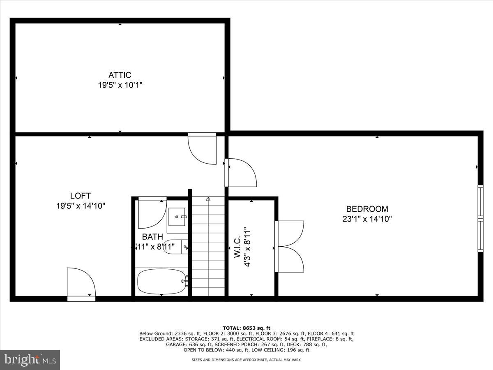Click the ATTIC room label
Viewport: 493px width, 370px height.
coord(120,75)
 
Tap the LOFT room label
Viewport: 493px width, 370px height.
coord(80,196)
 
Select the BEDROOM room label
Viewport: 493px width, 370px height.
coord(367,209)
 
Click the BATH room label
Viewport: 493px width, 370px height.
coord(152,237)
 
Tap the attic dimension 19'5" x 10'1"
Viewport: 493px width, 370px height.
coord(120,86)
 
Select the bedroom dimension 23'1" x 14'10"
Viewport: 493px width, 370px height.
coord(367,219)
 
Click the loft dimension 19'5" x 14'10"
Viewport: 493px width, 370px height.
coord(81,206)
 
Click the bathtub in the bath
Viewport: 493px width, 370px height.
coord(161,282)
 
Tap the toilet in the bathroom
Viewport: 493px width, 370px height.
coord(175,247)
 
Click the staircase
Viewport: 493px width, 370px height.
coord(208,247)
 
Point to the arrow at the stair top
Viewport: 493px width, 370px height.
coord(208,199)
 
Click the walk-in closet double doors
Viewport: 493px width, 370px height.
coord(290,246)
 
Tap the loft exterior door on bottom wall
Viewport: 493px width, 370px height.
coord(81,284)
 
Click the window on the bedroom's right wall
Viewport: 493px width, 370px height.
coord(480,218)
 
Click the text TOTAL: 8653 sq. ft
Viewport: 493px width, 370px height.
coord(246,328)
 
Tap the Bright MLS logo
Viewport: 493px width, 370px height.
coord(30,360)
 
